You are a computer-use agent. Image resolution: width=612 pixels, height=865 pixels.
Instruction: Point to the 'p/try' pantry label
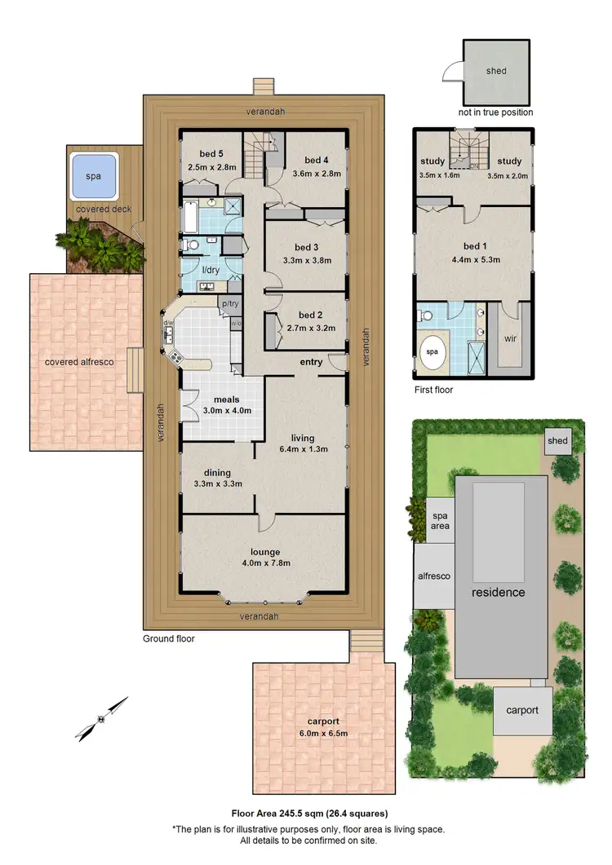229,304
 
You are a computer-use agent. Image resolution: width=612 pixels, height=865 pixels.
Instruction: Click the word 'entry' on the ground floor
311,362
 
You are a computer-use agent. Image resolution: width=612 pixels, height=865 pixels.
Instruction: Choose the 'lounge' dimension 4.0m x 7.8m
260,563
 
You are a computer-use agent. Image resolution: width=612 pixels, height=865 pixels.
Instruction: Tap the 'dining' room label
218,472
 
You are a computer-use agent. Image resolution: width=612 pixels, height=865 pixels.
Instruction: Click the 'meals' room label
226,399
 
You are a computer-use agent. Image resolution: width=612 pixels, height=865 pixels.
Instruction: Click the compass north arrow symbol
102,718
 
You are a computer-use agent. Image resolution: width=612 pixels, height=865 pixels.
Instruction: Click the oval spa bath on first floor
432,351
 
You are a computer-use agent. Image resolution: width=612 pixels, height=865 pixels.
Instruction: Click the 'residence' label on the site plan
497,592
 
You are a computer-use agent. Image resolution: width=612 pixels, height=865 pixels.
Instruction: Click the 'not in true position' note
495,113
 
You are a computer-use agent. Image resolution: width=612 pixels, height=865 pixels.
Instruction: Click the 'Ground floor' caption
169,639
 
